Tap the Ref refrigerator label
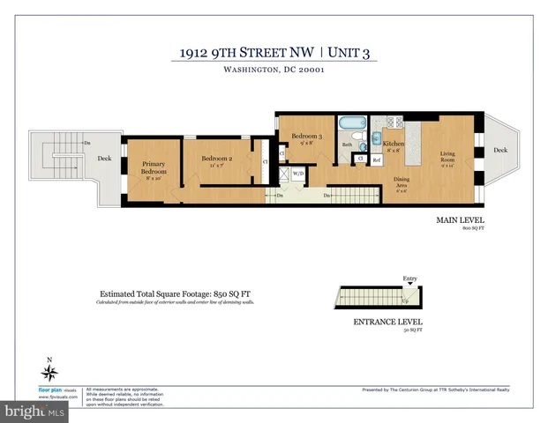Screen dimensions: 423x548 point(376,160)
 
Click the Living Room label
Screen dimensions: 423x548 point(448,157)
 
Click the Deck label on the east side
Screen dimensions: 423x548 point(500,151)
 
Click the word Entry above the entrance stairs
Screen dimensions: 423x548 point(409,278)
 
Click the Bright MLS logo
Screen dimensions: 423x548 point(34,411)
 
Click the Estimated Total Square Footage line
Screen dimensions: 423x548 point(179,293)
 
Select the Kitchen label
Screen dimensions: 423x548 point(394,144)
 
